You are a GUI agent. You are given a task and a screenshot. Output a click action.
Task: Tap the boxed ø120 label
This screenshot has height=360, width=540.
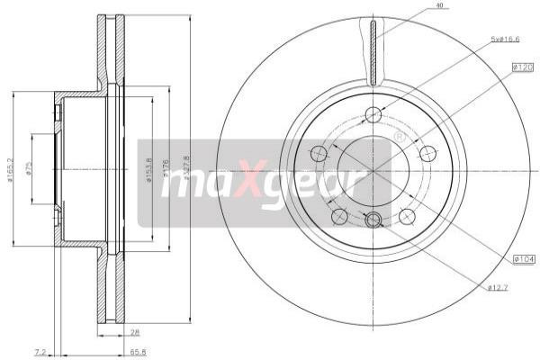pyautogui.click(x=524, y=67)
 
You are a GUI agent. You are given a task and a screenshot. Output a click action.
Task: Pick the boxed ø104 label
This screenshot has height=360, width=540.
pyautogui.click(x=524, y=260)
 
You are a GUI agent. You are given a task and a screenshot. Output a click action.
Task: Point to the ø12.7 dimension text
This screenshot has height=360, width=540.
pyautogui.click(x=499, y=287)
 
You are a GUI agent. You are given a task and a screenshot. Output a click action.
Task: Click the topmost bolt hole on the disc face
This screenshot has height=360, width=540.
pyautogui.click(x=373, y=114)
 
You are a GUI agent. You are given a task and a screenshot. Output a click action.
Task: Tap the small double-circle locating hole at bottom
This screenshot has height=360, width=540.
pyautogui.click(x=373, y=220)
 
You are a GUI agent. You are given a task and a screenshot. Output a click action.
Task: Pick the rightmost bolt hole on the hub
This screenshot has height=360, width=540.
pyautogui.click(x=427, y=153)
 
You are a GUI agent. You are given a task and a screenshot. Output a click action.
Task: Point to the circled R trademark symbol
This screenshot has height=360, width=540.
pyautogui.click(x=399, y=137)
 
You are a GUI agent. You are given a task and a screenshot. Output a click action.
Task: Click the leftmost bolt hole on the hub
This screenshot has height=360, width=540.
pyautogui.click(x=318, y=154)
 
